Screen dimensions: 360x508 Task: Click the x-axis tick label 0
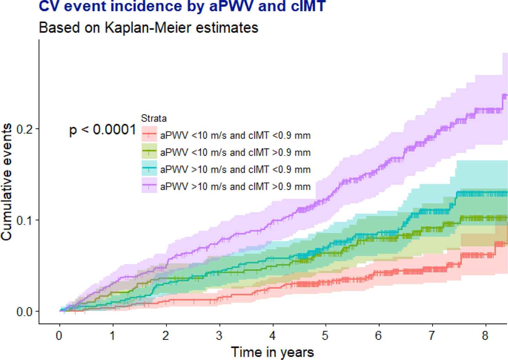pyautogui.click(x=60, y=336)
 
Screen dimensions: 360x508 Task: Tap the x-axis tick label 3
pyautogui.click(x=220, y=336)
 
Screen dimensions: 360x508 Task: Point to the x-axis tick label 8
pyautogui.click(x=486, y=336)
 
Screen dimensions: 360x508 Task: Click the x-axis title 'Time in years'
pyautogui.click(x=272, y=352)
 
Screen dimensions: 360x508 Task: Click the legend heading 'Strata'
pyautogui.click(x=154, y=119)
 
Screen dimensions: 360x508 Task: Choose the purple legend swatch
pyautogui.click(x=149, y=186)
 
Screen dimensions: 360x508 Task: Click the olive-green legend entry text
pyautogui.click(x=235, y=153)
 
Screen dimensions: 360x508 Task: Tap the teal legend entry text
pyautogui.click(x=235, y=169)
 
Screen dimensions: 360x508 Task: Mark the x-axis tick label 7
pyautogui.click(x=432, y=336)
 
